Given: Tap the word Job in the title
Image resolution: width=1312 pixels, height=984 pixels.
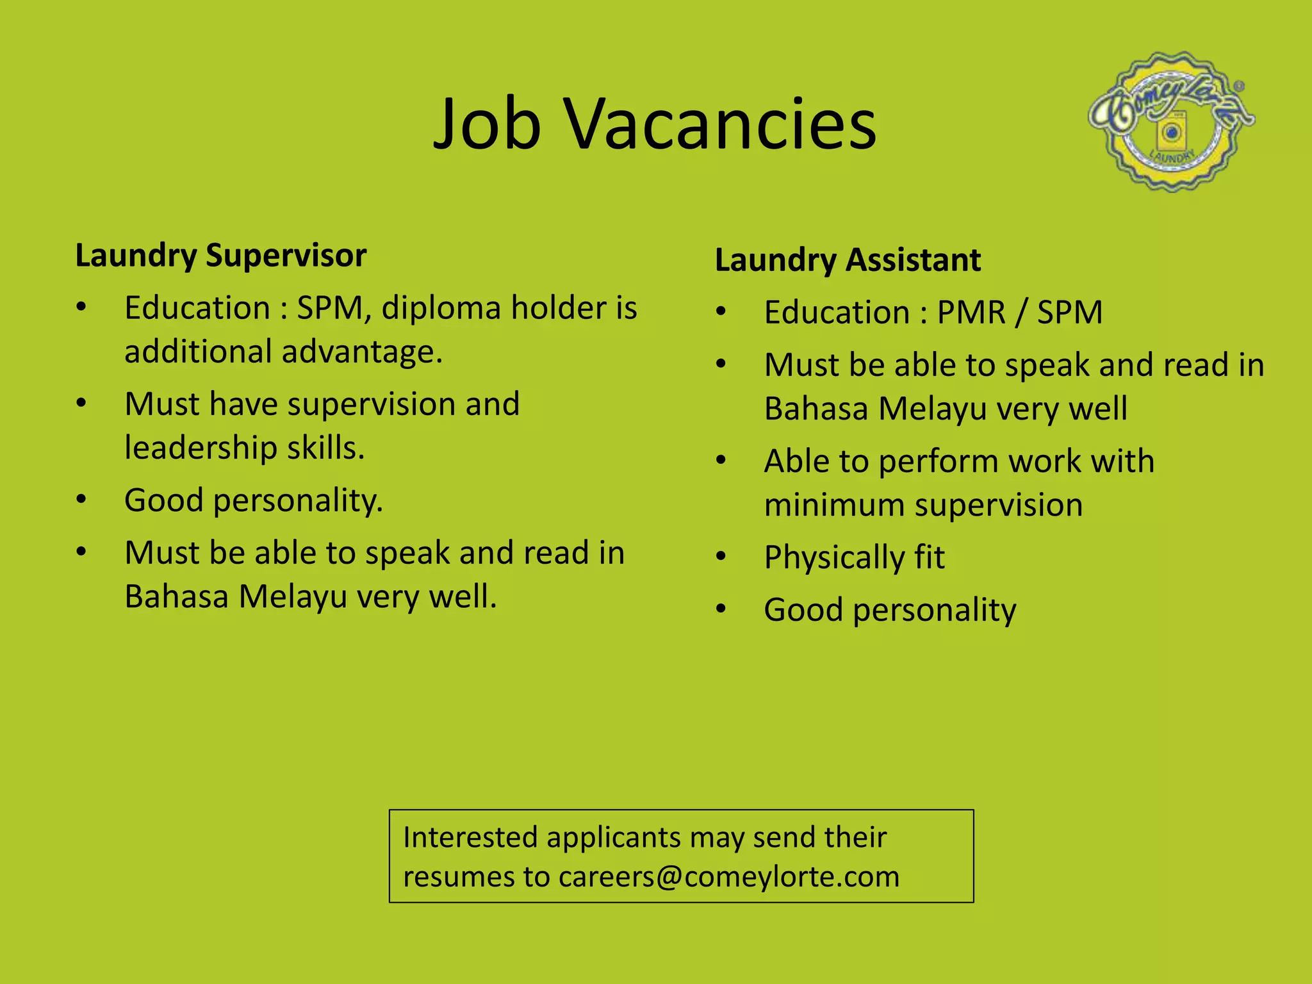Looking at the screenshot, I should click(x=487, y=125).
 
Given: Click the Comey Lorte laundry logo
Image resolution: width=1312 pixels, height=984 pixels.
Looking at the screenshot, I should click(x=1171, y=122).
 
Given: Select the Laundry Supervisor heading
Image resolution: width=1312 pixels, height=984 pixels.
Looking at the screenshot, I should click(x=221, y=256).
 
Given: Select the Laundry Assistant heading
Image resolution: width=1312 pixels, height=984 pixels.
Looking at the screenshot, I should click(x=848, y=260).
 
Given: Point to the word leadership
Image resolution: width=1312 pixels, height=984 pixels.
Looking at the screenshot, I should click(x=201, y=448).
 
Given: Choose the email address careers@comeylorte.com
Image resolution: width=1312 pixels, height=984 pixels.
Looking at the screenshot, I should click(x=729, y=877).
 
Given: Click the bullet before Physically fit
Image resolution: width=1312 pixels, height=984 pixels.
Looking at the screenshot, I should click(x=721, y=556).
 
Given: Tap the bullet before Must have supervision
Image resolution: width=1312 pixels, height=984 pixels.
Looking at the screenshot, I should click(x=81, y=404).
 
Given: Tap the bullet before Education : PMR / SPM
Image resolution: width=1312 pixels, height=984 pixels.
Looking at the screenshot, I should click(x=721, y=312).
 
